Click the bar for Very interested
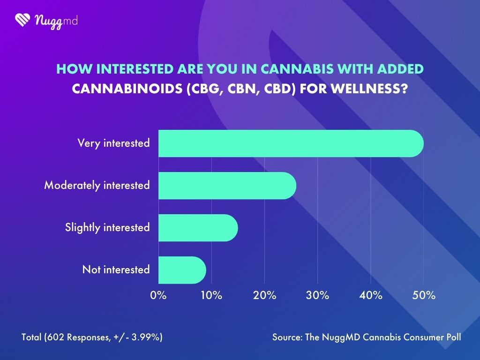pos(291,143)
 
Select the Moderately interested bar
pos(227,186)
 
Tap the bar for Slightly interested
pos(198,228)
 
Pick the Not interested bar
pos(182,270)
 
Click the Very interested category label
pos(113,143)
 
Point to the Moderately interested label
pos(97,186)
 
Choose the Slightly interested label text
pos(107,228)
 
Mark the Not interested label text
pos(116,270)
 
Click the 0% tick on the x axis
pos(158,296)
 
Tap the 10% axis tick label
pos(211,296)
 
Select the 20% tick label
pos(264,296)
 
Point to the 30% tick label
pos(318,296)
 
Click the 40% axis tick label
pos(371,296)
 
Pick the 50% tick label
pos(424,296)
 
